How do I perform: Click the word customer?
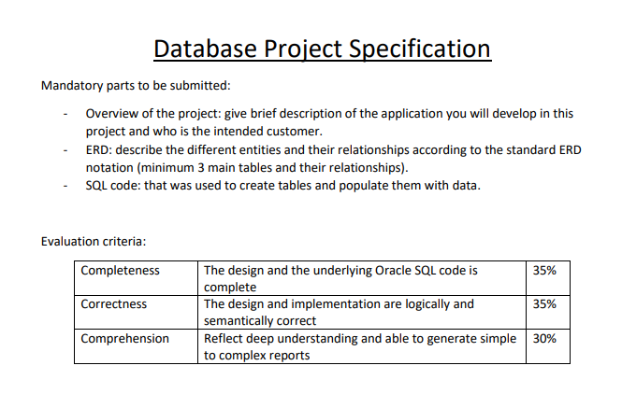point(294,132)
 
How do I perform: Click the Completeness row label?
point(121,271)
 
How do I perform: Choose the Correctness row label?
point(114,304)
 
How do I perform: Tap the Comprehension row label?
point(125,338)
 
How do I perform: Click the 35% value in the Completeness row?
point(544,271)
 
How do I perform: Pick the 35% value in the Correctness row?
point(544,304)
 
